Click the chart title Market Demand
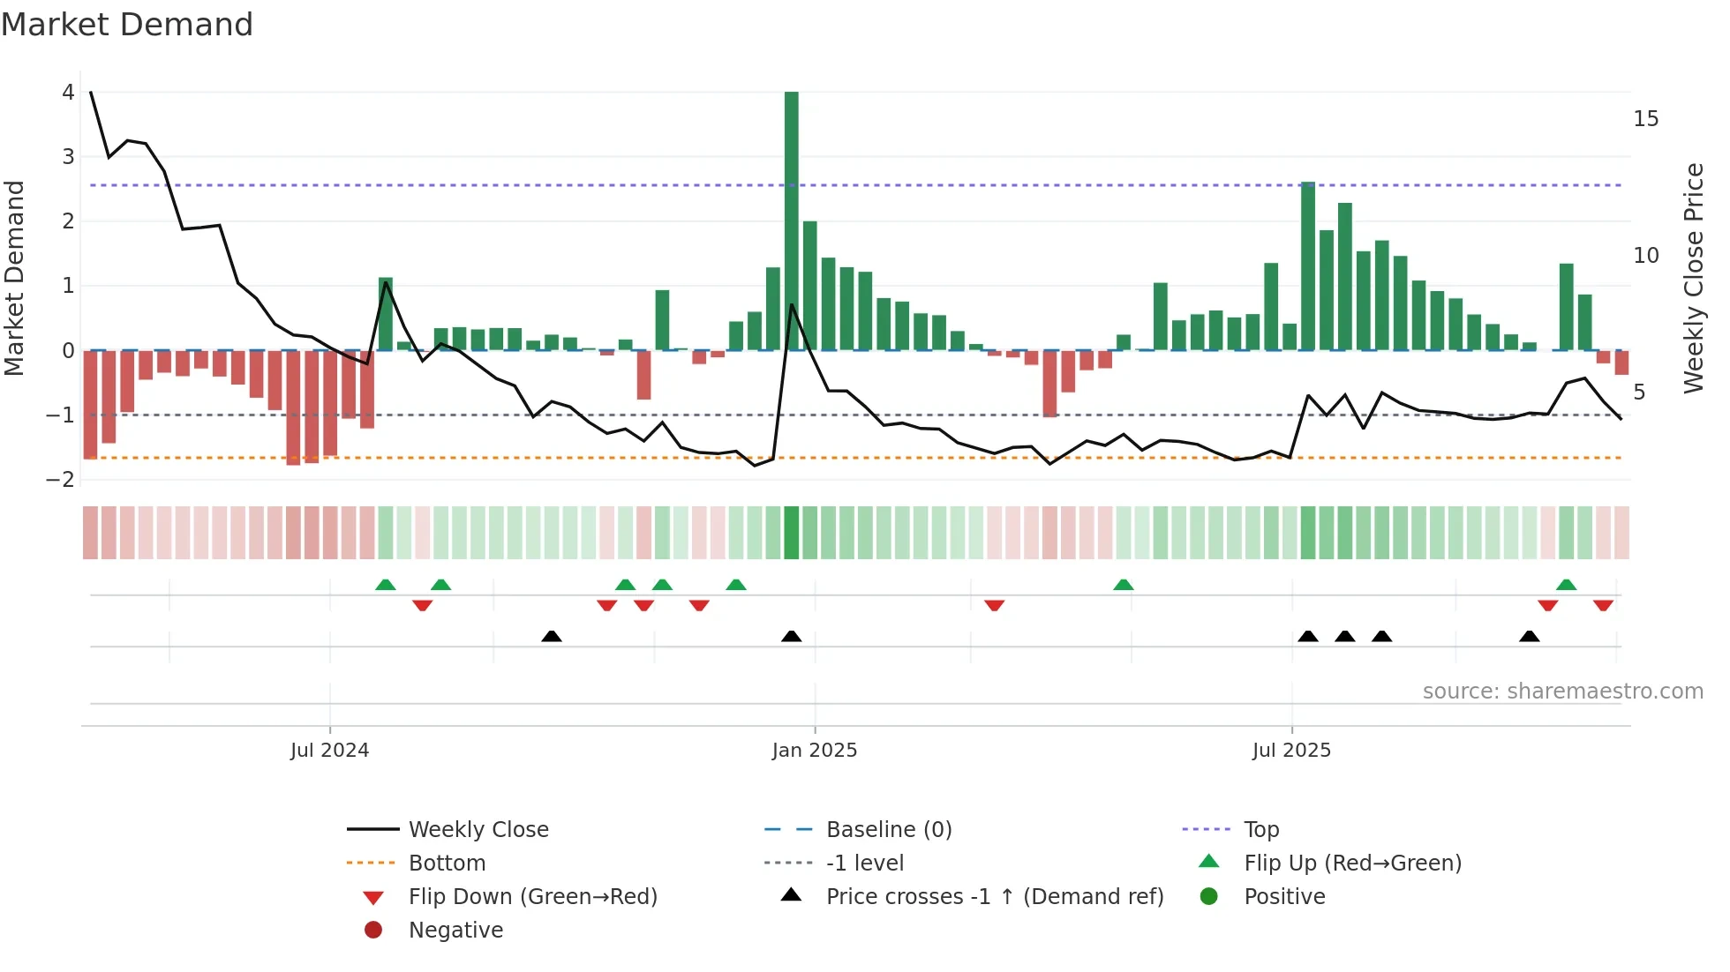pyautogui.click(x=127, y=25)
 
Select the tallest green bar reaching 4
pyautogui.click(x=792, y=221)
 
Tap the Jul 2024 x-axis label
pyautogui.click(x=329, y=751)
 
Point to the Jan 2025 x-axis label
pyautogui.click(x=814, y=751)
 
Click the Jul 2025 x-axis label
pyautogui.click(x=1291, y=751)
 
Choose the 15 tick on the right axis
pyautogui.click(x=1645, y=119)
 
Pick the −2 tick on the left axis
pyautogui.click(x=61, y=480)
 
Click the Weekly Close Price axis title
pyautogui.click(x=1693, y=278)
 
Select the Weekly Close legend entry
pyautogui.click(x=478, y=830)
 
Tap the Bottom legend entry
pyautogui.click(x=447, y=864)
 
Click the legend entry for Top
pyautogui.click(x=1260, y=830)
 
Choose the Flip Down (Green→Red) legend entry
pyautogui.click(x=532, y=897)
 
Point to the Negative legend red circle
pyautogui.click(x=373, y=931)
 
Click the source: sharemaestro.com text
pyautogui.click(x=1562, y=692)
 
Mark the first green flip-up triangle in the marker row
pyautogui.click(x=386, y=585)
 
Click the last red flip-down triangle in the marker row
pyautogui.click(x=1603, y=605)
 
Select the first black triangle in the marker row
pyautogui.click(x=551, y=636)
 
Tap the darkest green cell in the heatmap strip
pyautogui.click(x=792, y=533)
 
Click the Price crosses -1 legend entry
pyautogui.click(x=994, y=897)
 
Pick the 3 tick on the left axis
pyautogui.click(x=68, y=157)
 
